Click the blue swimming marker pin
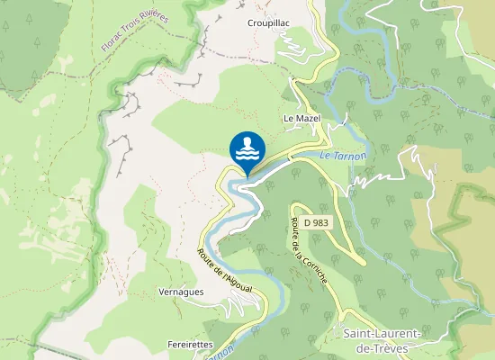pos(247,149)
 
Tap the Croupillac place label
pos(266,23)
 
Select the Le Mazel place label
pos(301,118)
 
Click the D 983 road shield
pos(315,220)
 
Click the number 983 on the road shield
pos(319,220)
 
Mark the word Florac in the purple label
pos(113,41)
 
